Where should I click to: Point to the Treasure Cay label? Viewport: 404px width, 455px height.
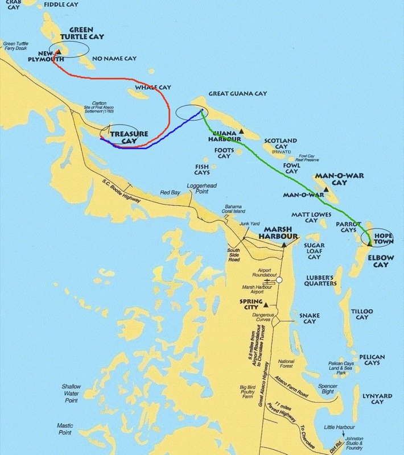coord(129,138)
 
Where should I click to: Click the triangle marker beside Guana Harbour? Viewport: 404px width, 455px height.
coord(241,131)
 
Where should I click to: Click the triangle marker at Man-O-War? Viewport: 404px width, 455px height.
coord(325,189)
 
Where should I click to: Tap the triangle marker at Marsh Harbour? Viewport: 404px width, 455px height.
coord(283,245)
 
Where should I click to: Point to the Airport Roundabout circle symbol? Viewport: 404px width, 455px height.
coord(279,280)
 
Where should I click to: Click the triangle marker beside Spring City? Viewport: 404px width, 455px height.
coord(250,305)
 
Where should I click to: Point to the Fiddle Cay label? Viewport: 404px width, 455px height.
coord(62,4)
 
